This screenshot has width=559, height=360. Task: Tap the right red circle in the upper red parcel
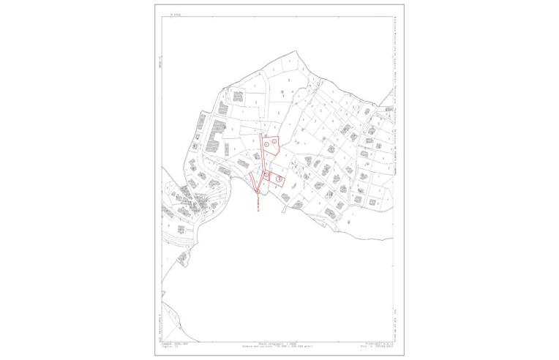pos(274,142)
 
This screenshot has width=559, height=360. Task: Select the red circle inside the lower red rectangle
pos(279,179)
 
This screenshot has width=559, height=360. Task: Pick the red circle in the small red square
pos(267,175)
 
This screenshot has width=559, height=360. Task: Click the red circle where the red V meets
pos(258,192)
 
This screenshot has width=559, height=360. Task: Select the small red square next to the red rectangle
pos(267,176)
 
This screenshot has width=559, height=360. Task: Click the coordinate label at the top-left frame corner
pos(175,12)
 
